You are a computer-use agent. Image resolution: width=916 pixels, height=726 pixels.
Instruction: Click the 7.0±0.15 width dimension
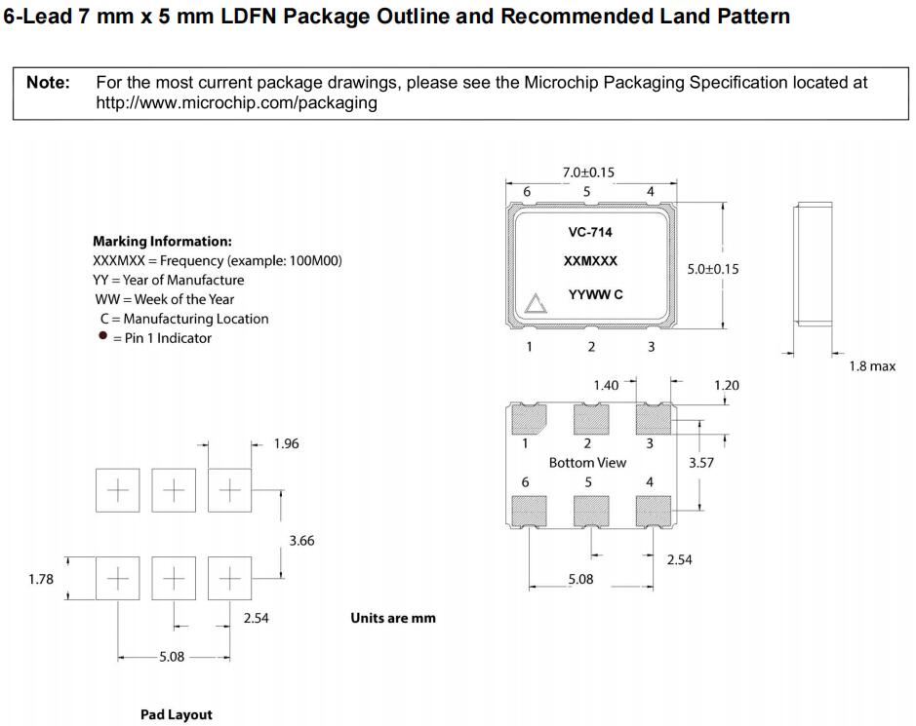(x=588, y=172)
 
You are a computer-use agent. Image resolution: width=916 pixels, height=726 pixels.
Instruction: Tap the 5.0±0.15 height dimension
(x=713, y=269)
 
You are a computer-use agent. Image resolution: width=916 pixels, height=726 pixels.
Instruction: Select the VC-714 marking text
(x=589, y=233)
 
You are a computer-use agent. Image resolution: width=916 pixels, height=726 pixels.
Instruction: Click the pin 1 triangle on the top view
(x=535, y=304)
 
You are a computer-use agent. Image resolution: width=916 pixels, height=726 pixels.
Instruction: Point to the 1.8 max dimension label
(x=871, y=366)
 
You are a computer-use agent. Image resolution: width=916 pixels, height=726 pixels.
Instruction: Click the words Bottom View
(x=587, y=463)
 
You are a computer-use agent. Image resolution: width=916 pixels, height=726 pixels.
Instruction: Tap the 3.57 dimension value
(x=701, y=463)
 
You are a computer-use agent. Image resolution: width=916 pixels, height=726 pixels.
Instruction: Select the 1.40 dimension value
(x=606, y=386)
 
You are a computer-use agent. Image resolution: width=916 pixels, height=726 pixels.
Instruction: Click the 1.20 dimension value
(x=727, y=386)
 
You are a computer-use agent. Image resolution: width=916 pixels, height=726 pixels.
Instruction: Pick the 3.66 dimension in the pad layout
(x=301, y=541)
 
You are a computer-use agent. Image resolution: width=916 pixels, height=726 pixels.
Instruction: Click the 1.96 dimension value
(x=287, y=444)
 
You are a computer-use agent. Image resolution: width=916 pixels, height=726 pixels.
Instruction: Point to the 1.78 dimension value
(x=41, y=580)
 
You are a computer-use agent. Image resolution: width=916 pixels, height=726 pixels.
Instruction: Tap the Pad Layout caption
(x=177, y=715)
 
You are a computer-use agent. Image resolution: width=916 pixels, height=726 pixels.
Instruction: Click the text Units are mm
(x=393, y=618)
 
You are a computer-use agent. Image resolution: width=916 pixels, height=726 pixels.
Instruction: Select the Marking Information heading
(x=162, y=241)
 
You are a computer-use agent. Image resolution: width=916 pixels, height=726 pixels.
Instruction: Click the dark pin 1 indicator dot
(x=102, y=337)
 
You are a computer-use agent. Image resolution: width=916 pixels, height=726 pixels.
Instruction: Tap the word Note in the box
(x=48, y=83)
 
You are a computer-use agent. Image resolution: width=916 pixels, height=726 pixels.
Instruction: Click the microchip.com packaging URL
(x=236, y=103)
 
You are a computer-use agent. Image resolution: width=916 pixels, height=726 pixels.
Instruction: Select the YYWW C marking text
(x=595, y=294)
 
